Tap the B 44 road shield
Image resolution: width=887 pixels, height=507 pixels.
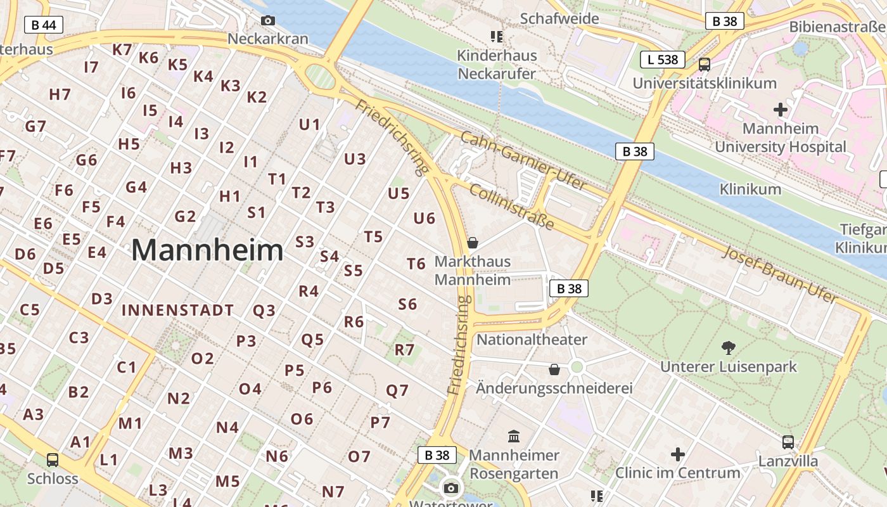tap(43, 25)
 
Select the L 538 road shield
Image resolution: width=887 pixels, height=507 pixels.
tap(662, 60)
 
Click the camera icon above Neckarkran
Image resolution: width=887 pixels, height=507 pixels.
tap(268, 21)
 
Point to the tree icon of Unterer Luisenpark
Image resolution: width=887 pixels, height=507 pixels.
tap(728, 347)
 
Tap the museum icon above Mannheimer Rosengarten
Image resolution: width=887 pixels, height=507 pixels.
tap(514, 436)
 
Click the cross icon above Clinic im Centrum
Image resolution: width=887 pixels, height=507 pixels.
tap(678, 454)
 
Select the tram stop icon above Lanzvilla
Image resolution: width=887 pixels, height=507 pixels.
tap(788, 442)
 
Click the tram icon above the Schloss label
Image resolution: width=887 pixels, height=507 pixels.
tap(53, 459)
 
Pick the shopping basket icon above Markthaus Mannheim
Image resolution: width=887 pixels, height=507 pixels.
tap(472, 243)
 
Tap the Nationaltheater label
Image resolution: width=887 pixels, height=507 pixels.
tap(532, 339)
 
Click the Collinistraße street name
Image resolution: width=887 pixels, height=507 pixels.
tap(512, 208)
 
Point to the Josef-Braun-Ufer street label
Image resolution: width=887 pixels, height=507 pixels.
tap(779, 274)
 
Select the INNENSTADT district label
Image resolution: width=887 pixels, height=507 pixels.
tap(177, 311)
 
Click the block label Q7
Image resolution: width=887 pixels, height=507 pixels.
tap(397, 390)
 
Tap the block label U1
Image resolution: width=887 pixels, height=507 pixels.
tap(309, 124)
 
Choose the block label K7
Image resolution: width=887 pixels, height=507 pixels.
tap(122, 49)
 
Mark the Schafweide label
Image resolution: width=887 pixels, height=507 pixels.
tap(559, 18)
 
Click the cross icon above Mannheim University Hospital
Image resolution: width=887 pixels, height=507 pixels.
tap(781, 110)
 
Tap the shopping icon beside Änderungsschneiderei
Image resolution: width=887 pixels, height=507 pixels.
tap(554, 369)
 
